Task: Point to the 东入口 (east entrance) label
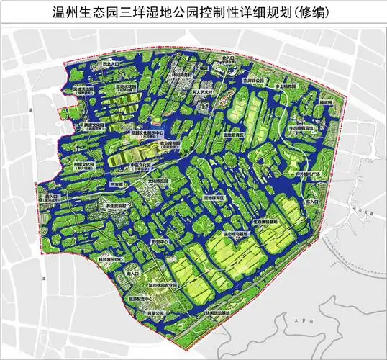coord(311,204)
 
